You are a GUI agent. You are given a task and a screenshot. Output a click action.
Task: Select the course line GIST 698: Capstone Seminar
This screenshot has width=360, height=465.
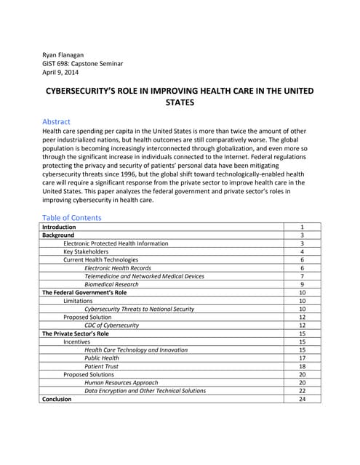[x=83, y=64]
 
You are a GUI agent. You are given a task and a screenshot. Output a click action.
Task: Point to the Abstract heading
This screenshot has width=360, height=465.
[x=56, y=121]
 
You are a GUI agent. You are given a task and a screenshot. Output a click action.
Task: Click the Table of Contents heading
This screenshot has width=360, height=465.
[x=72, y=217]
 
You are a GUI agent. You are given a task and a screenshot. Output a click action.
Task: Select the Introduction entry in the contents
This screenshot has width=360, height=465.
[x=59, y=227]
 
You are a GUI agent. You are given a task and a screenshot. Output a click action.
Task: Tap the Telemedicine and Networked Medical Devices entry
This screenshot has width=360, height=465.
[x=144, y=276]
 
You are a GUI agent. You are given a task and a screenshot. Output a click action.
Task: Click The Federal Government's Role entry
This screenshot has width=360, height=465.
[x=84, y=293]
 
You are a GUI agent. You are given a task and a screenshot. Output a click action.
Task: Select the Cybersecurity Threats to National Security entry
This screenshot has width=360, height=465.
[x=139, y=309]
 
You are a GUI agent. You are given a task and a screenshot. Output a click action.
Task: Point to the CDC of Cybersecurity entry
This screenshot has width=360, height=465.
[x=111, y=325]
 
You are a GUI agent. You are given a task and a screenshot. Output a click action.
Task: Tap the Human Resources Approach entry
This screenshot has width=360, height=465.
[x=121, y=382]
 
